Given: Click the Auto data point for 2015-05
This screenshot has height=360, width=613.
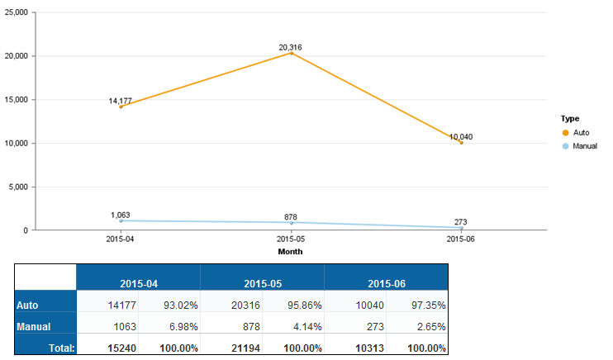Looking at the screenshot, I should pyautogui.click(x=291, y=54).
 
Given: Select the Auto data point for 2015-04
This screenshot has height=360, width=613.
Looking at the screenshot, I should pyautogui.click(x=121, y=107).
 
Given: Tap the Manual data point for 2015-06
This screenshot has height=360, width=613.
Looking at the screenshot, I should pyautogui.click(x=461, y=228).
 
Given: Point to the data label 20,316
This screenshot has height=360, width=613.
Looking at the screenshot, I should pyautogui.click(x=291, y=47).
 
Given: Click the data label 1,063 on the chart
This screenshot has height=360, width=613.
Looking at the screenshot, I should pyautogui.click(x=121, y=215).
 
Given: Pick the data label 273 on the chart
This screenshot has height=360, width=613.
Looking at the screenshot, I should pyautogui.click(x=461, y=221).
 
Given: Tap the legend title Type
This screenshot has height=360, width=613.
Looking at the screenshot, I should pyautogui.click(x=568, y=119).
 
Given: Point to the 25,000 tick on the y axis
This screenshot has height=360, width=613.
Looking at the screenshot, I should pyautogui.click(x=16, y=12).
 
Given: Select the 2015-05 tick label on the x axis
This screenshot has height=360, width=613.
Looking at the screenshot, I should pyautogui.click(x=291, y=239).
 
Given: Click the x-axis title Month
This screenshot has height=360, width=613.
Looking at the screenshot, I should pyautogui.click(x=291, y=251).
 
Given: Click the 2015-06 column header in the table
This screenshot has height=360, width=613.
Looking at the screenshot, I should pyautogui.click(x=386, y=283).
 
